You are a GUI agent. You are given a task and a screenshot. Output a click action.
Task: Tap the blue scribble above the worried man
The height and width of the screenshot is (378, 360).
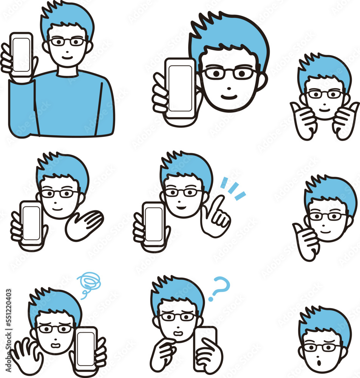pyautogui.click(x=89, y=284)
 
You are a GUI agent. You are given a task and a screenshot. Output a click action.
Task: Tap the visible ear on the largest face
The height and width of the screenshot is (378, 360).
pyautogui.click(x=262, y=81)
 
